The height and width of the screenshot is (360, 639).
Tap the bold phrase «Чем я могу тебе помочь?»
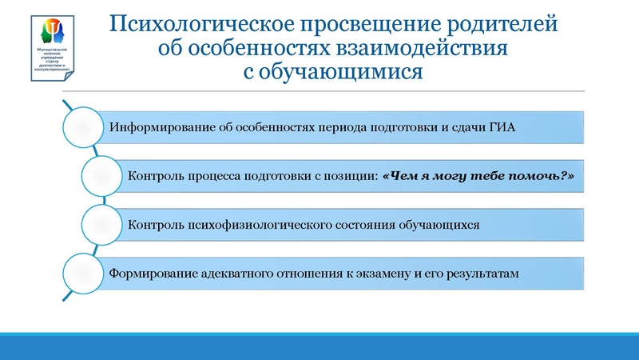pyautogui.click(x=479, y=175)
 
